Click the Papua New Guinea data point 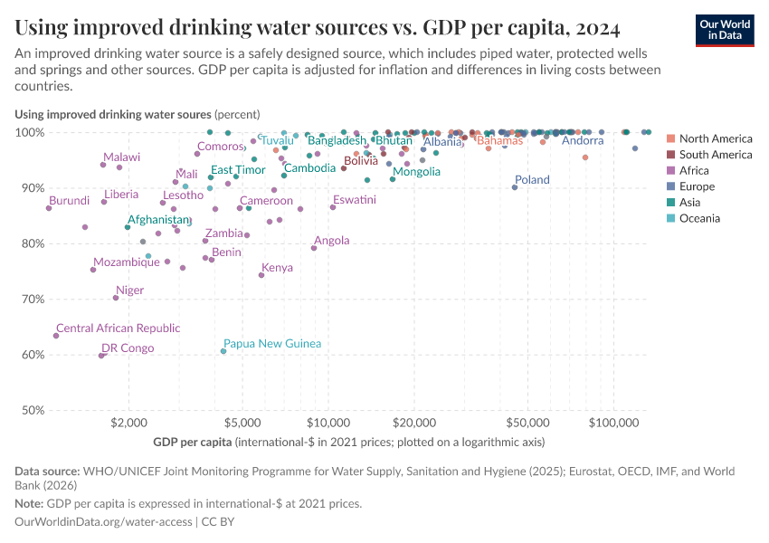tap(223, 351)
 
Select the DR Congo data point tap(101, 356)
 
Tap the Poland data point tap(515, 186)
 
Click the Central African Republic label tap(118, 329)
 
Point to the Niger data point tap(116, 298)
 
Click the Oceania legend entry tap(699, 218)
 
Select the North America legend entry tap(715, 138)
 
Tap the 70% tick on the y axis tap(30, 299)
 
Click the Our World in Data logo tap(725, 30)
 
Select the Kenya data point tap(261, 275)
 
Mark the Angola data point tap(314, 248)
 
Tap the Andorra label tap(582, 140)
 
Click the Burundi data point tap(49, 208)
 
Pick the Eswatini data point tap(333, 207)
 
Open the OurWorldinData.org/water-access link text tap(103, 522)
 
